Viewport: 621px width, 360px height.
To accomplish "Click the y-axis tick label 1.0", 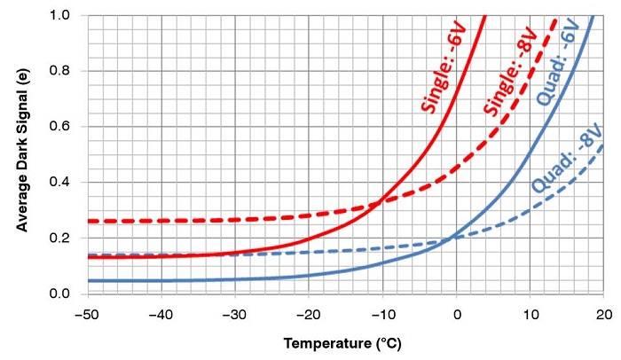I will (61, 15).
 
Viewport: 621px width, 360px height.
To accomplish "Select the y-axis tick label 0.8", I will (61, 71).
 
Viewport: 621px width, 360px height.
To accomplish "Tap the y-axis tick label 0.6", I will (61, 127).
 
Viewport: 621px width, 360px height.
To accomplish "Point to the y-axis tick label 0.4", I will (61, 183).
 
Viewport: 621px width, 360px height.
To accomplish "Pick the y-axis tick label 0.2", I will (61, 239).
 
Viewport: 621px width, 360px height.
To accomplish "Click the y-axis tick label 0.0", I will (61, 293).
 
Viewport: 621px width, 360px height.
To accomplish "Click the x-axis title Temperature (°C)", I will (346, 342).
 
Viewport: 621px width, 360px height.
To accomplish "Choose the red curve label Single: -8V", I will (502, 82).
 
